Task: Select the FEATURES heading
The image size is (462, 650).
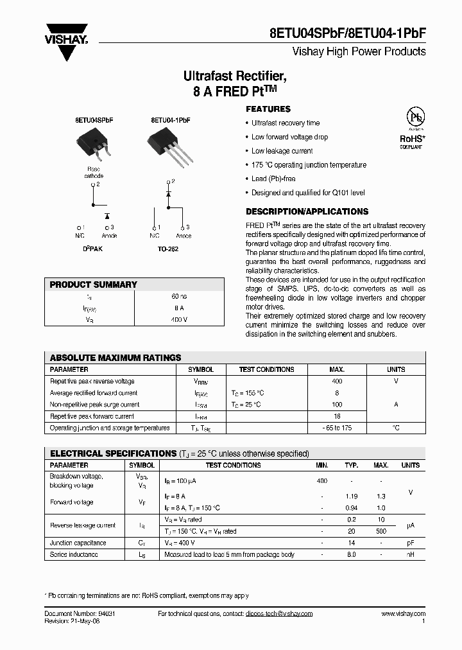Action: click(268, 109)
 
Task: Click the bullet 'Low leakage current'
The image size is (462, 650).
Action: click(282, 151)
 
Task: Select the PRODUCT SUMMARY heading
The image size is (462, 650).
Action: click(94, 285)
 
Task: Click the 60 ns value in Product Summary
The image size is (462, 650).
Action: click(179, 297)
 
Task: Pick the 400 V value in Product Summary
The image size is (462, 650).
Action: click(179, 319)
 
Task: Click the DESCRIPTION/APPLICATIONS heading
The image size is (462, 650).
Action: click(307, 211)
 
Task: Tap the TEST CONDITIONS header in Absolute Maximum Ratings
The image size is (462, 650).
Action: click(266, 370)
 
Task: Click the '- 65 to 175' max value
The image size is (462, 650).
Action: click(337, 428)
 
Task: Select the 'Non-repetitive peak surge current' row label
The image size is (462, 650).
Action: click(94, 405)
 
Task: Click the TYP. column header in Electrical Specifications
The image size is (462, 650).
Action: click(351, 465)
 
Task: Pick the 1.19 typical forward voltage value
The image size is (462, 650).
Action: click(351, 496)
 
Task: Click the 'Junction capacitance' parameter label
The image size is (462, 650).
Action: click(78, 543)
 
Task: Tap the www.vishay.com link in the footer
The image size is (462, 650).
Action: click(403, 614)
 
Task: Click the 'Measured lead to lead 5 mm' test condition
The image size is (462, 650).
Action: click(229, 554)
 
